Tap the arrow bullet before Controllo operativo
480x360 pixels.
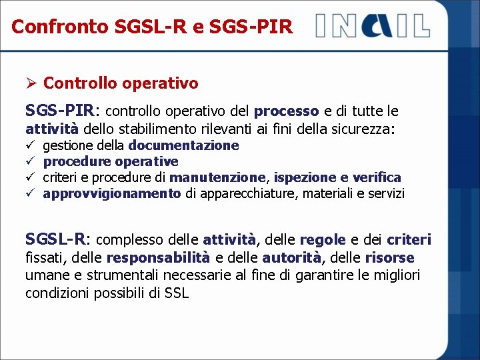(31, 83)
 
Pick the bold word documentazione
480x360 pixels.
(183, 145)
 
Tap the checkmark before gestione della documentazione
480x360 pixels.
(30, 145)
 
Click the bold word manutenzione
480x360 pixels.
(217, 177)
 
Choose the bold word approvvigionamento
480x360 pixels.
(112, 193)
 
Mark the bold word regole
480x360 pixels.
(323, 239)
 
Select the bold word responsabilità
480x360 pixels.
(158, 257)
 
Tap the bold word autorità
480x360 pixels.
(291, 257)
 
